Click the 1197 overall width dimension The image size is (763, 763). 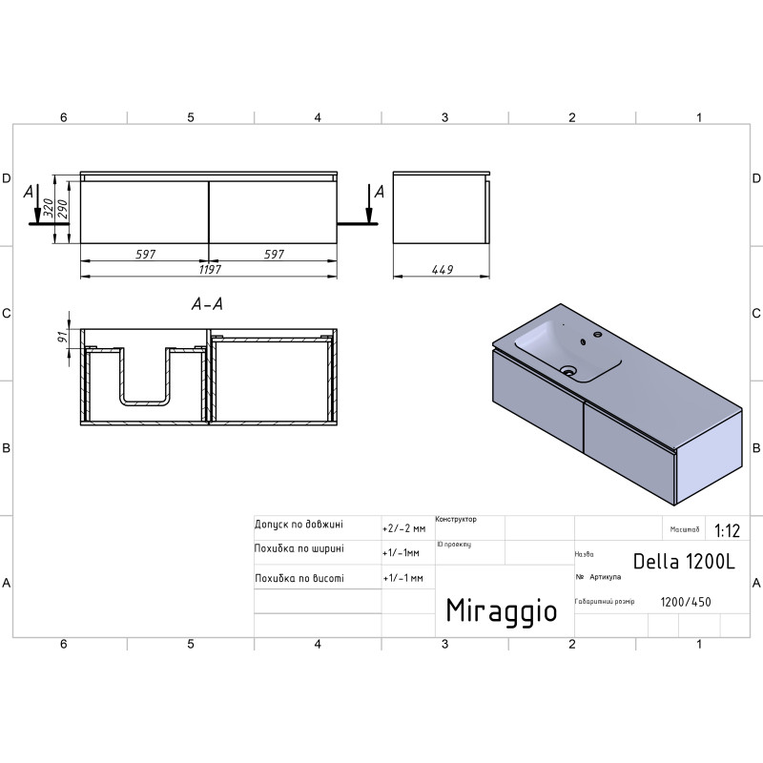point(210,269)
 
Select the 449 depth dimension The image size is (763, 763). point(443,270)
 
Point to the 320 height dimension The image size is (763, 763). point(48,208)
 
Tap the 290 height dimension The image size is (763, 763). point(62,209)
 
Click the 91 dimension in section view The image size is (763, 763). point(62,337)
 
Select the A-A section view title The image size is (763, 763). point(207,304)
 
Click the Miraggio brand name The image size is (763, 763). point(502,611)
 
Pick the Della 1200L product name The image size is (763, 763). point(684,562)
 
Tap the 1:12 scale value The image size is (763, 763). point(727,530)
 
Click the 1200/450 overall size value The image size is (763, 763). point(686,602)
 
